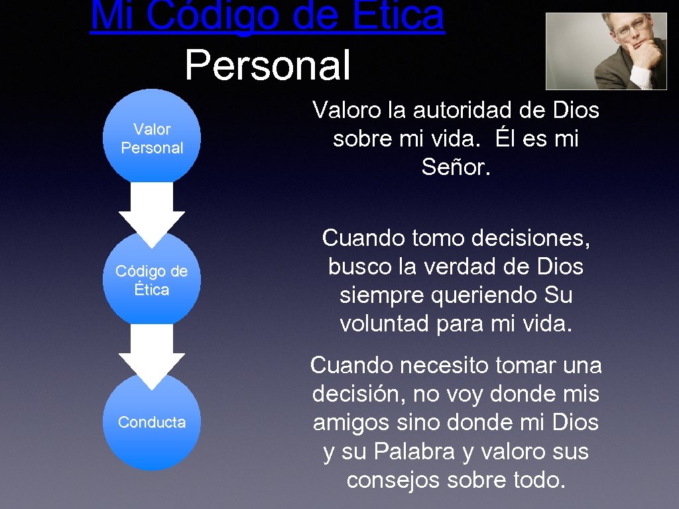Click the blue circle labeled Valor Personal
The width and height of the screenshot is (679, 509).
click(x=152, y=138)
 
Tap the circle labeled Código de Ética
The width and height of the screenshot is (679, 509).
click(x=152, y=280)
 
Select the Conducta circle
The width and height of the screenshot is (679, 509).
click(x=152, y=422)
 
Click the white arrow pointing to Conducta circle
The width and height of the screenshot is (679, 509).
click(x=152, y=355)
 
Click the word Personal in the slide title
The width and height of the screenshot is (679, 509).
click(x=267, y=66)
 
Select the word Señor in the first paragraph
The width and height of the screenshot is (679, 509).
click(x=456, y=168)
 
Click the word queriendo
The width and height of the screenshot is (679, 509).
click(x=472, y=295)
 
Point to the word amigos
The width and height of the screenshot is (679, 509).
click(x=353, y=423)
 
